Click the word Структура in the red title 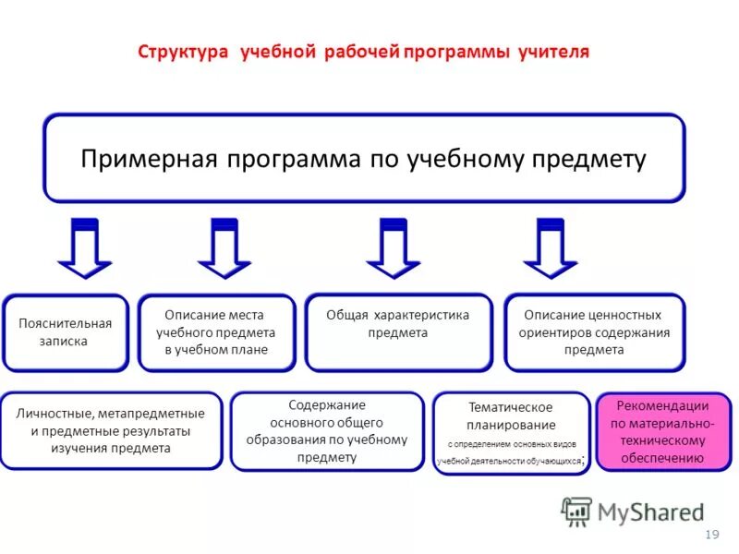click(183, 51)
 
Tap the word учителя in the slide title click(551, 51)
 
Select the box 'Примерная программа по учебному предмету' click(364, 158)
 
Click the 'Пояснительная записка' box click(66, 332)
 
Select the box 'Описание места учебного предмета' click(216, 332)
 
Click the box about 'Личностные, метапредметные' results click(111, 431)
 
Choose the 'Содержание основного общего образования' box click(327, 431)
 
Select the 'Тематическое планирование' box click(511, 433)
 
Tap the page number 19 click(711, 535)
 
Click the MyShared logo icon click(576, 511)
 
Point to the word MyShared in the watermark click(651, 512)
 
